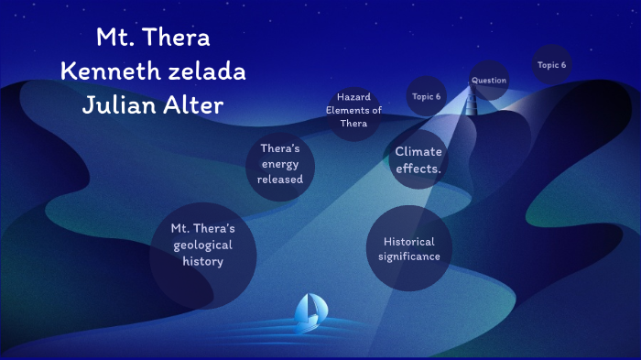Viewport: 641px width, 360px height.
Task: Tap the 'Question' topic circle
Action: (x=489, y=81)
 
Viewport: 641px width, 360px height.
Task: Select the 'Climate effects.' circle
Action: (x=418, y=159)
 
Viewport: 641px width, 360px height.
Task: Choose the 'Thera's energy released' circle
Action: (x=280, y=164)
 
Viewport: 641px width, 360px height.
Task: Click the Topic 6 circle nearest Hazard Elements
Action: (x=426, y=96)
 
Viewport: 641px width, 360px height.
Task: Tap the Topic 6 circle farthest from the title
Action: (x=551, y=65)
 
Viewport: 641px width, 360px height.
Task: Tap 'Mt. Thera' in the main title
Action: (x=153, y=38)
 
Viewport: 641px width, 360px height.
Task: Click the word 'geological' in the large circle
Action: (x=202, y=245)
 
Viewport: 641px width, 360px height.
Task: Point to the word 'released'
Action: (x=280, y=180)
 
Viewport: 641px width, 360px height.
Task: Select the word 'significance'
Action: (x=409, y=256)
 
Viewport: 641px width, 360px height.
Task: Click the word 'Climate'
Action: (x=418, y=152)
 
